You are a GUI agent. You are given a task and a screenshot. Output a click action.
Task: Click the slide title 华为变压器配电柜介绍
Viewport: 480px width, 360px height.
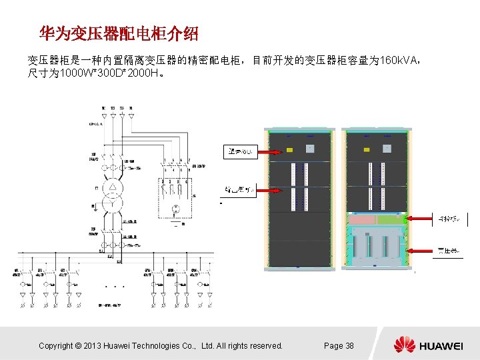[x=119, y=33]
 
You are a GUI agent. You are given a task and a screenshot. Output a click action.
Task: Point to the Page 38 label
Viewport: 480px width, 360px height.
[x=339, y=345]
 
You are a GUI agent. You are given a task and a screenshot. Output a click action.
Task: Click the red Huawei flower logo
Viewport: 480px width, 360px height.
[x=404, y=345]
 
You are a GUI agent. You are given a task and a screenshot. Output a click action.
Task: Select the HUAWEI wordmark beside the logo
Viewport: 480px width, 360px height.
[x=441, y=345]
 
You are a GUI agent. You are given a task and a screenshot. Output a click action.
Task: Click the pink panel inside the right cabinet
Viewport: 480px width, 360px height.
[x=363, y=219]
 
